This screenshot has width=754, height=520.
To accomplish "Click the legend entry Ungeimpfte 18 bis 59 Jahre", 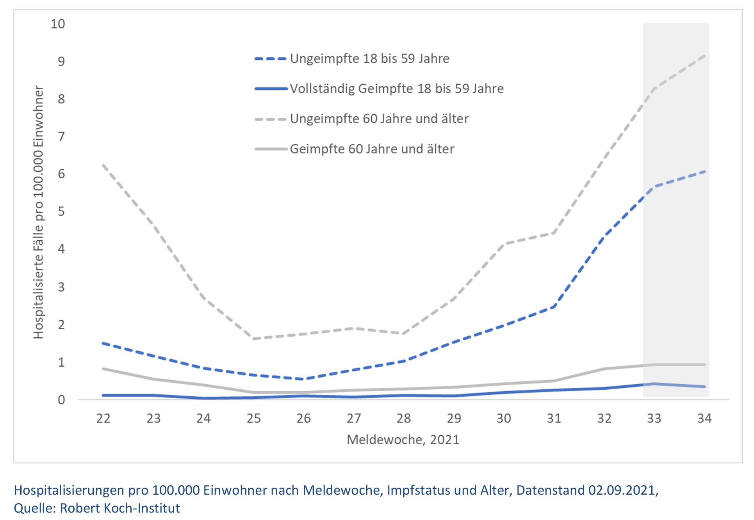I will click(x=369, y=59).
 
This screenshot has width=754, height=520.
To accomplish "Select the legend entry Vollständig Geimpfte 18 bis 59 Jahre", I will click(x=396, y=89).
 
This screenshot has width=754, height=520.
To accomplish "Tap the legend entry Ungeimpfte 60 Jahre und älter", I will click(x=379, y=119).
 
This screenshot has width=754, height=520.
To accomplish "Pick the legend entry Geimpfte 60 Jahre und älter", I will click(x=372, y=149).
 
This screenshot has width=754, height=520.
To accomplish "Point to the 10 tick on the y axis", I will click(x=58, y=24).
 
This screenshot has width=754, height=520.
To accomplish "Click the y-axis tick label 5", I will click(x=61, y=211).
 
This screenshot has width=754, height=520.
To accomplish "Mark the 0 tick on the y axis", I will click(x=61, y=400).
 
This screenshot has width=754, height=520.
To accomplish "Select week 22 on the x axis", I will click(x=103, y=419).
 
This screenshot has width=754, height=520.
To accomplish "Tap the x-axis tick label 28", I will click(x=404, y=419).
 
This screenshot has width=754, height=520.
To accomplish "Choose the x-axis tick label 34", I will click(x=704, y=419).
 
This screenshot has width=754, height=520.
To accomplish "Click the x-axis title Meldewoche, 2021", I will click(x=403, y=440).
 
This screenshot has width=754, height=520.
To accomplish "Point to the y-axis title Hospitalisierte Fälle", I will click(x=38, y=213).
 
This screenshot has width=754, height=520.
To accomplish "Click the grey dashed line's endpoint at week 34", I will click(x=705, y=55).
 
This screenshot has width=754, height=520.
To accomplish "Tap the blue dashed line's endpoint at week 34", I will click(x=705, y=171).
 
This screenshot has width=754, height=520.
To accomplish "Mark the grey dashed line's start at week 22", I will click(x=103, y=165).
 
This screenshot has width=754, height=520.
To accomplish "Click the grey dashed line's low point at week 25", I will click(x=253, y=339).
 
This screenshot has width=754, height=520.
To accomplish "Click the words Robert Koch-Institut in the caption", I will click(x=120, y=508).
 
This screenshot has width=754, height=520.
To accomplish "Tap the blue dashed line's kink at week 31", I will click(x=554, y=307).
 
